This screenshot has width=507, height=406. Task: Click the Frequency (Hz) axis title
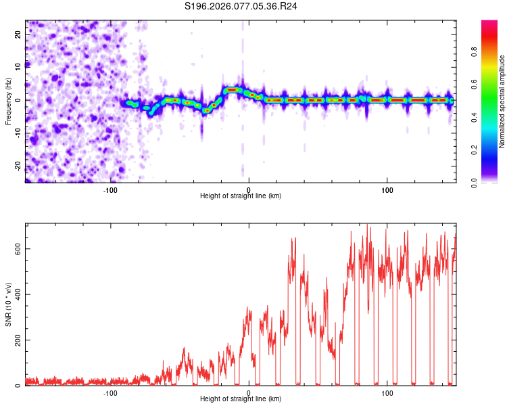point(8,101)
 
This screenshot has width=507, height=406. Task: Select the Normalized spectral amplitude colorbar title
point(502,101)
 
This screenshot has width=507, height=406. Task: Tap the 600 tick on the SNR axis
point(18,248)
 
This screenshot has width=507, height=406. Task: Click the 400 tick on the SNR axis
point(18,294)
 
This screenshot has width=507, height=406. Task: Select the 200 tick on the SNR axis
point(18,340)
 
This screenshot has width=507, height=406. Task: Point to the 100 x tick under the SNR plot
point(387,392)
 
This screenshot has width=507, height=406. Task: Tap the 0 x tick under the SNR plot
point(249,392)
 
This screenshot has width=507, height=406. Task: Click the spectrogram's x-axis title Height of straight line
point(241,196)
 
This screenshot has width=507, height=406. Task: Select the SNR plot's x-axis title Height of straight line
point(241,399)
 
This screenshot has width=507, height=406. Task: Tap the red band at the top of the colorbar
point(489,26)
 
